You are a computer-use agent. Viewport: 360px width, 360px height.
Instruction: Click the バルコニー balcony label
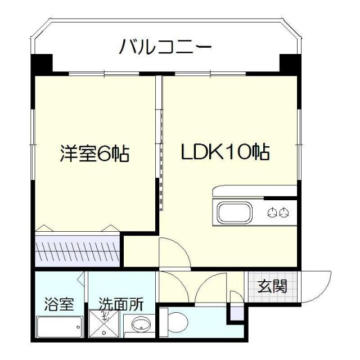click(x=165, y=46)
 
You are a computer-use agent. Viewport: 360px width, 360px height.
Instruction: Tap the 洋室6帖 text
click(x=95, y=154)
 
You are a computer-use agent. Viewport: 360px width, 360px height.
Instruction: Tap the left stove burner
click(x=273, y=213)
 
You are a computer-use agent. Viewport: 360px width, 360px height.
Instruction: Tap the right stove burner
click(x=285, y=213)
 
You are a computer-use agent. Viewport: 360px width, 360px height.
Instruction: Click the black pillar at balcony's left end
click(x=40, y=62)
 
